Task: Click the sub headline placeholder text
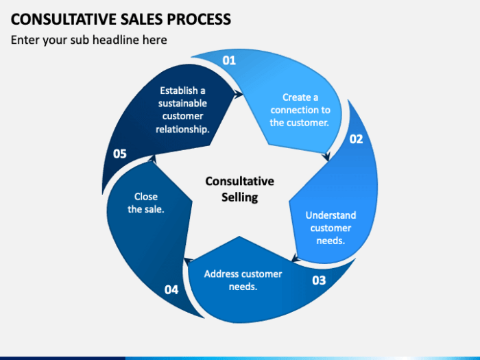[88, 40]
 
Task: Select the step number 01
[229, 60]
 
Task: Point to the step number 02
[356, 139]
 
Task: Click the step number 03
[319, 280]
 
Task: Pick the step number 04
[171, 289]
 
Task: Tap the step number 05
[120, 154]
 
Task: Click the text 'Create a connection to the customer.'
[300, 110]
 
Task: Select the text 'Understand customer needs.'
[331, 228]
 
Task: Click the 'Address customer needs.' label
[243, 280]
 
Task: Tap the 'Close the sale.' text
[146, 203]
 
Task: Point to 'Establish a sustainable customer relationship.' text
[182, 110]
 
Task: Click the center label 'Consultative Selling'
[239, 189]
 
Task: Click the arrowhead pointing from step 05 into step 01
[237, 96]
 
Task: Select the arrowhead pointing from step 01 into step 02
[327, 156]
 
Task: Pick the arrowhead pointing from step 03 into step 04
[187, 260]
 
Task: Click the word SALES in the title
[138, 18]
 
